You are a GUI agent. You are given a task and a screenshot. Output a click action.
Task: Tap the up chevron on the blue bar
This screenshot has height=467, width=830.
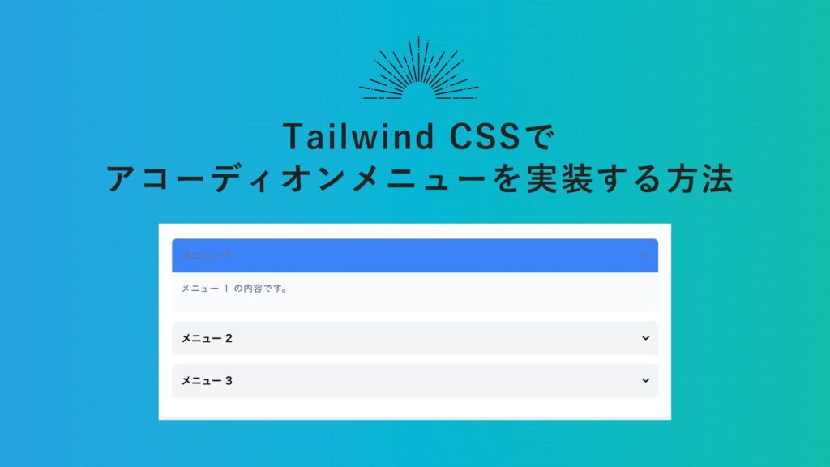pyautogui.click(x=645, y=256)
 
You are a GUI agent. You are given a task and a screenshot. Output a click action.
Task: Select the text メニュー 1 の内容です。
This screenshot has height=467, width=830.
pyautogui.click(x=234, y=288)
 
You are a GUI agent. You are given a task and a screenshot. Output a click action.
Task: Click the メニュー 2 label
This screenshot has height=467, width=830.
pyautogui.click(x=207, y=338)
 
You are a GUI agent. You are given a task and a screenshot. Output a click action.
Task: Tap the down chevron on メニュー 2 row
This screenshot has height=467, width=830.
pyautogui.click(x=645, y=338)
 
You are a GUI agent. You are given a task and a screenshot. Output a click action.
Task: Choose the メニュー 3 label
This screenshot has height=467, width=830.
pyautogui.click(x=207, y=380)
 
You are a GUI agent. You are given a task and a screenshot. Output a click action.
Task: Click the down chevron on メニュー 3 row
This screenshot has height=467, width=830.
pyautogui.click(x=645, y=380)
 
